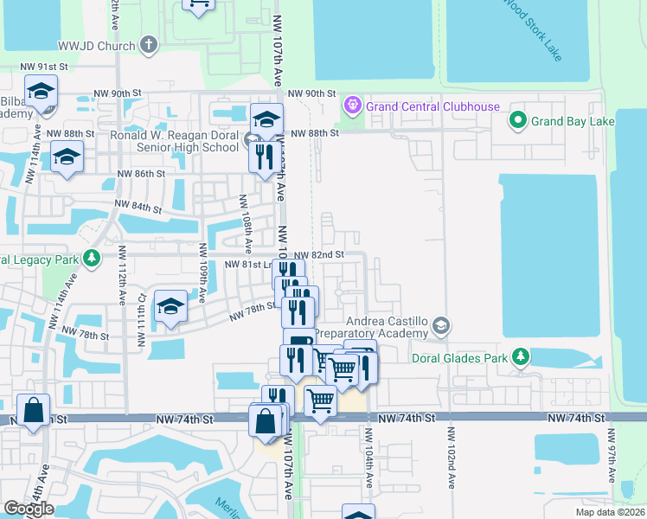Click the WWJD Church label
pos(98,46)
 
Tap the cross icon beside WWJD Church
pos(149,44)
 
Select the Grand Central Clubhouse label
pos(432,106)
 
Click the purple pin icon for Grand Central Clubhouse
pos(352,106)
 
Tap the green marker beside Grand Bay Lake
pos(518,121)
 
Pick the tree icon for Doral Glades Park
pos(520,356)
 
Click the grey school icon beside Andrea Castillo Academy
pos(441,325)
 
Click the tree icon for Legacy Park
pos(91,259)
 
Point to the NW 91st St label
pos(44,67)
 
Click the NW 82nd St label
pos(319,255)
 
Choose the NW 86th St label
pos(140,174)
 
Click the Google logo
pos(29,509)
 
